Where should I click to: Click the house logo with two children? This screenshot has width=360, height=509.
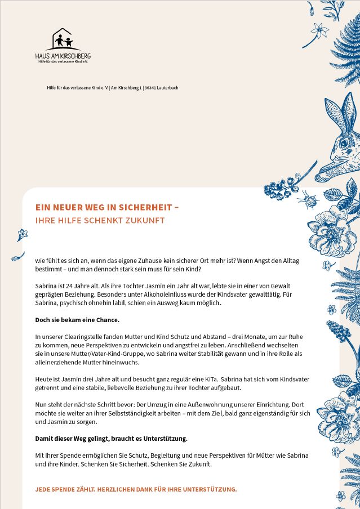pyautogui.click(x=63, y=40)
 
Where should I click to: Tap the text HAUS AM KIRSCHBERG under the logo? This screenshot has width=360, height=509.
pyautogui.click(x=63, y=56)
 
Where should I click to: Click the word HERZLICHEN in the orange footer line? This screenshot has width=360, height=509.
pyautogui.click(x=121, y=489)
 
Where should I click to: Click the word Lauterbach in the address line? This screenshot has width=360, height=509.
pyautogui.click(x=168, y=88)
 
